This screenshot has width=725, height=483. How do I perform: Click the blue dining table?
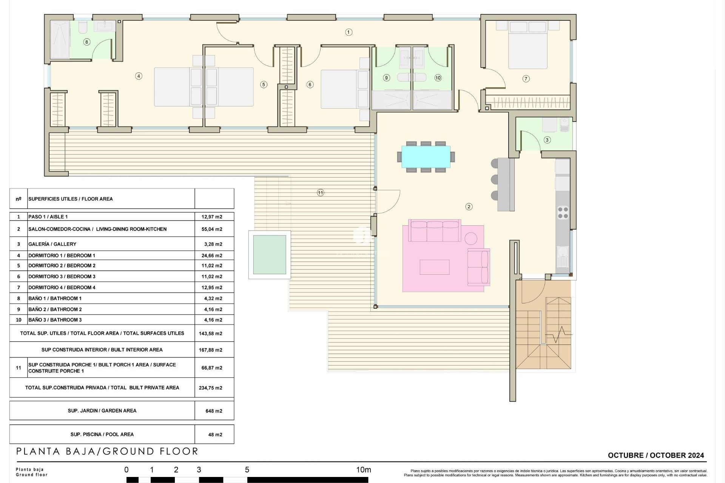point(426,157)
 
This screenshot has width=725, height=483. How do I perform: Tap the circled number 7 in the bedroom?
point(526,79)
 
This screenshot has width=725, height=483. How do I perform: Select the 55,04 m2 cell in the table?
point(212,229)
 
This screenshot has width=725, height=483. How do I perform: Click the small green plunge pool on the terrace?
point(269,255)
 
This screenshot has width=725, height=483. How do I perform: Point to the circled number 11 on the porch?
point(320,193)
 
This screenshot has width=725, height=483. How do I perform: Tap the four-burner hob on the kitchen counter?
point(563,212)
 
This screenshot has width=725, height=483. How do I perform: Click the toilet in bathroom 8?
point(83,27)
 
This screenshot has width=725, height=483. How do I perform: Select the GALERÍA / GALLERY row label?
point(52,244)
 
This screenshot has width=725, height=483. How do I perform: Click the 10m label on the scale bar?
point(363,470)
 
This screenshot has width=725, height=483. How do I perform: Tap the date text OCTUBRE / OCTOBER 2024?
point(656,455)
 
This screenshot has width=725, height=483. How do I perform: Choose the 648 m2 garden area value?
point(214,411)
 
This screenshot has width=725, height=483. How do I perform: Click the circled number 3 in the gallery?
point(547,140)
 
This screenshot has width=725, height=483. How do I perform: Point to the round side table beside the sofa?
point(470,238)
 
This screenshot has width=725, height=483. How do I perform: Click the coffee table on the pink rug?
point(434,267)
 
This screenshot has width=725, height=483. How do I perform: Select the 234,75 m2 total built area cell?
point(210,388)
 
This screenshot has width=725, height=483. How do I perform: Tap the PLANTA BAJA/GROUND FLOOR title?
point(107,451)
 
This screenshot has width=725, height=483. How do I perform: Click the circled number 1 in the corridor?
point(349,32)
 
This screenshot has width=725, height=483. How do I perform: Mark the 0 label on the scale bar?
point(126,470)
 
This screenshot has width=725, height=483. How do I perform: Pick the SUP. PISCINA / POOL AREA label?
point(102,434)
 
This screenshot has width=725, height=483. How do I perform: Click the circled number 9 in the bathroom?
point(386,78)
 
